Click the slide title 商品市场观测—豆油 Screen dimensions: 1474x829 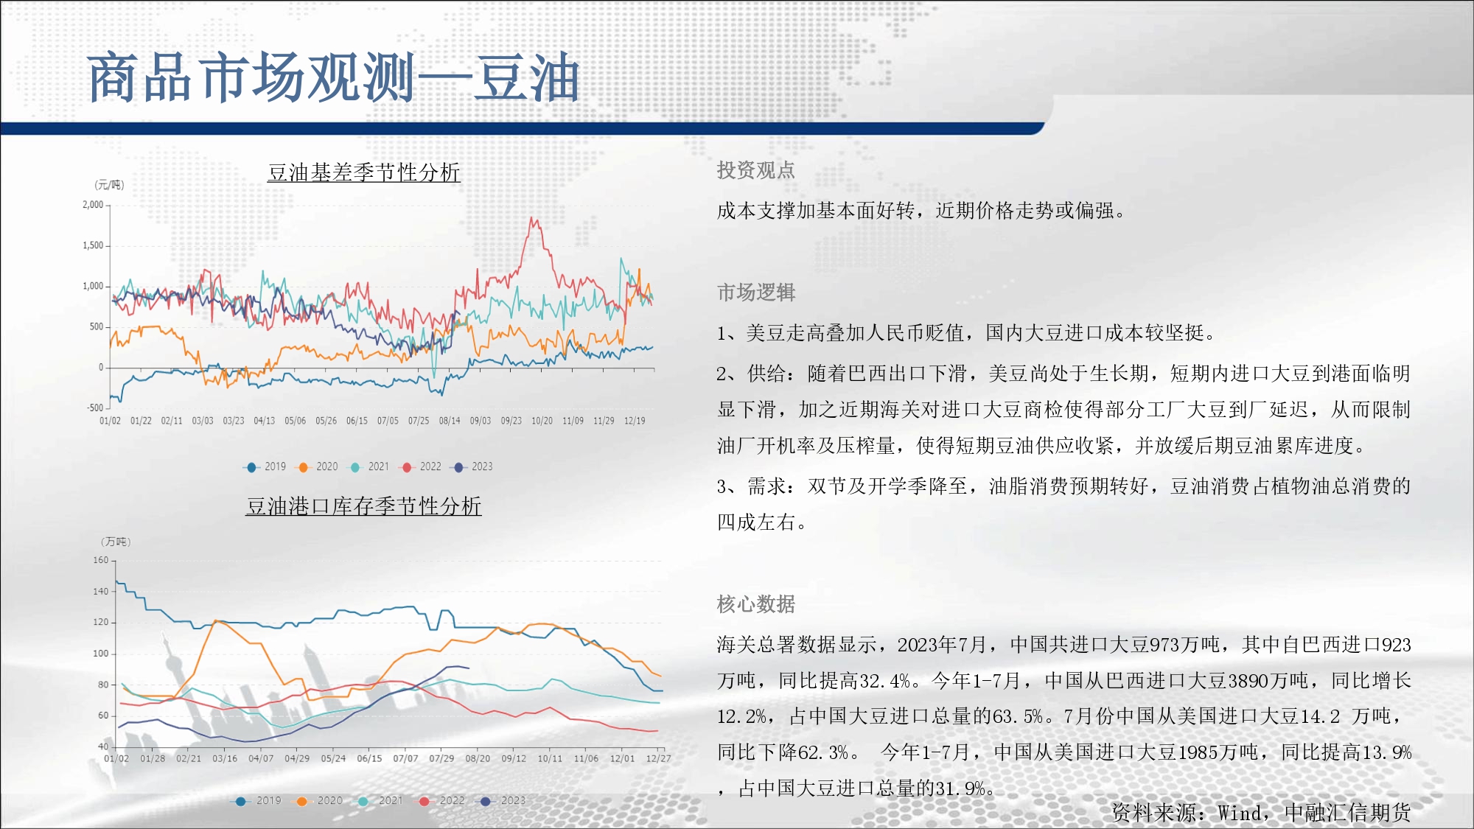333,77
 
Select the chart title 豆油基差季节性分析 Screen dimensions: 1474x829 364,172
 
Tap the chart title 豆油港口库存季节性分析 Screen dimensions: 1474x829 363,506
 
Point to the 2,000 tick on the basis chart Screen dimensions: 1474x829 93,205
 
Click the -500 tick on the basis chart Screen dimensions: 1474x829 95,407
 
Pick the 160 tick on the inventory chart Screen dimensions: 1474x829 101,560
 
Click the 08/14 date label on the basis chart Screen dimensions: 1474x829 450,421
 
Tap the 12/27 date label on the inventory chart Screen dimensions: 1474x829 658,758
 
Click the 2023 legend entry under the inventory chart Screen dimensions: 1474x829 504,800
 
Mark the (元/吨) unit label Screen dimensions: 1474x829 109,185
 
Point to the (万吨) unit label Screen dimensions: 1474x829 116,542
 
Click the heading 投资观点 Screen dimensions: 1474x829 756,170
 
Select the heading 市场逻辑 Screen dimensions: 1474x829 756,293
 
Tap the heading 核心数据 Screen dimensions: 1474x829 756,604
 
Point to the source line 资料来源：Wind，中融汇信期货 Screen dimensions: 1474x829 1261,813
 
